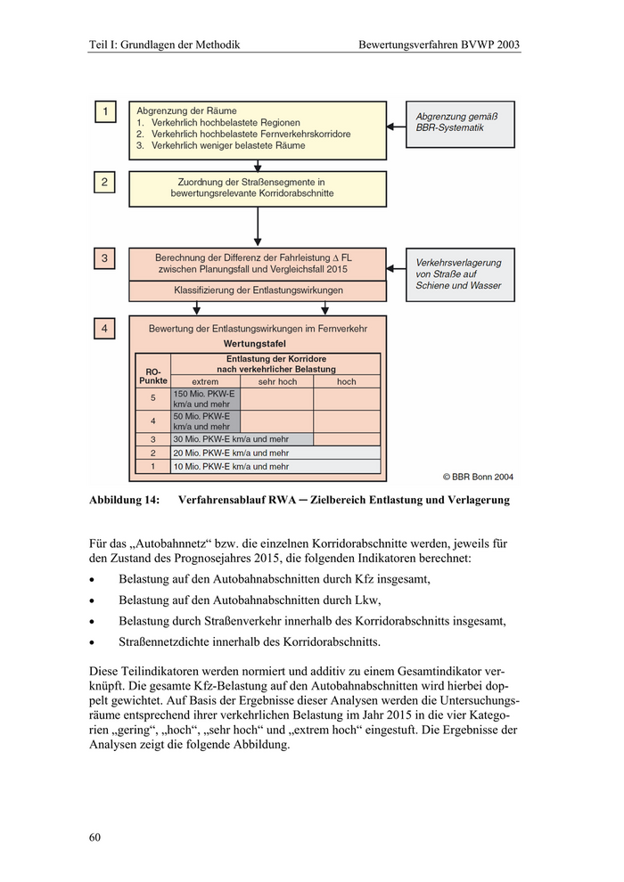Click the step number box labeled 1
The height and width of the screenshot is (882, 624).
pyautogui.click(x=105, y=112)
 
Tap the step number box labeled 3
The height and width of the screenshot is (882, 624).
pyautogui.click(x=105, y=259)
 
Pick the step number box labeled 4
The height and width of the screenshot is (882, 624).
pyautogui.click(x=105, y=329)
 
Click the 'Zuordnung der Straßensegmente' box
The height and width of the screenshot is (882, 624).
pyautogui.click(x=258, y=188)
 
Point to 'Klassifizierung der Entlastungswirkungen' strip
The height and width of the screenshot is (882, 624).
pyautogui.click(x=258, y=290)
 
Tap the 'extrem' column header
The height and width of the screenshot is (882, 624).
pyautogui.click(x=205, y=381)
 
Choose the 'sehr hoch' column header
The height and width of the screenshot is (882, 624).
pyautogui.click(x=277, y=381)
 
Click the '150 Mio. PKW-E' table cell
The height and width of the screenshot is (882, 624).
pyautogui.click(x=205, y=398)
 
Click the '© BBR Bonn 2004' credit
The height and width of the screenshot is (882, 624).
pyautogui.click(x=478, y=477)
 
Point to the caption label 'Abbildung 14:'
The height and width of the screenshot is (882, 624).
pyautogui.click(x=125, y=501)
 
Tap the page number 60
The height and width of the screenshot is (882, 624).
pyautogui.click(x=95, y=837)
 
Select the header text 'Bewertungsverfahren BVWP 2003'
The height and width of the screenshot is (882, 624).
pyautogui.click(x=439, y=44)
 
